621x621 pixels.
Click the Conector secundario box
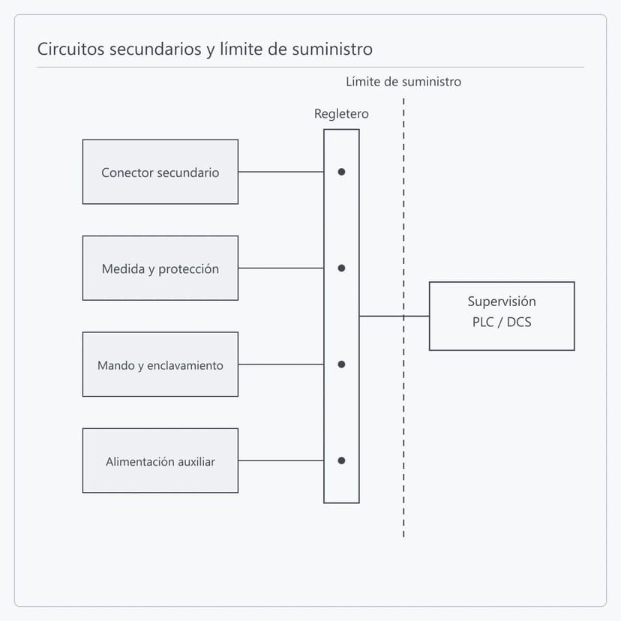coord(160,172)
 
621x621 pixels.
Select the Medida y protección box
coord(160,268)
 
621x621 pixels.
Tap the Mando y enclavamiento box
coord(160,364)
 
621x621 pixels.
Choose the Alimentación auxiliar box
coord(160,460)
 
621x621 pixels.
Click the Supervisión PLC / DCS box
coord(502,316)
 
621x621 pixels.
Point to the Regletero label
coord(341,114)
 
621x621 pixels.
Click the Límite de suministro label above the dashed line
coord(403,82)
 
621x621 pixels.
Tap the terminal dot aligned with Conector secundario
coord(341,172)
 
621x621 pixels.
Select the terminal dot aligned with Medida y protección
coord(341,268)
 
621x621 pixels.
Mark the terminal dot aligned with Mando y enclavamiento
coord(341,364)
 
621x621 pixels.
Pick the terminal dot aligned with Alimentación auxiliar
coord(341,460)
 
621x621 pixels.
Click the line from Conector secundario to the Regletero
coord(281,172)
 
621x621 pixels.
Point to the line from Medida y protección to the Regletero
coord(281,268)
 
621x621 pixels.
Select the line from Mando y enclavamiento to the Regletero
coord(281,364)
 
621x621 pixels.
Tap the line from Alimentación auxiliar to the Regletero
coord(281,460)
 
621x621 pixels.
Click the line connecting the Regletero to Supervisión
coord(394,316)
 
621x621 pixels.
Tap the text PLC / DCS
coord(502,322)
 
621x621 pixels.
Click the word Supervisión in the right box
coord(502,301)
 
